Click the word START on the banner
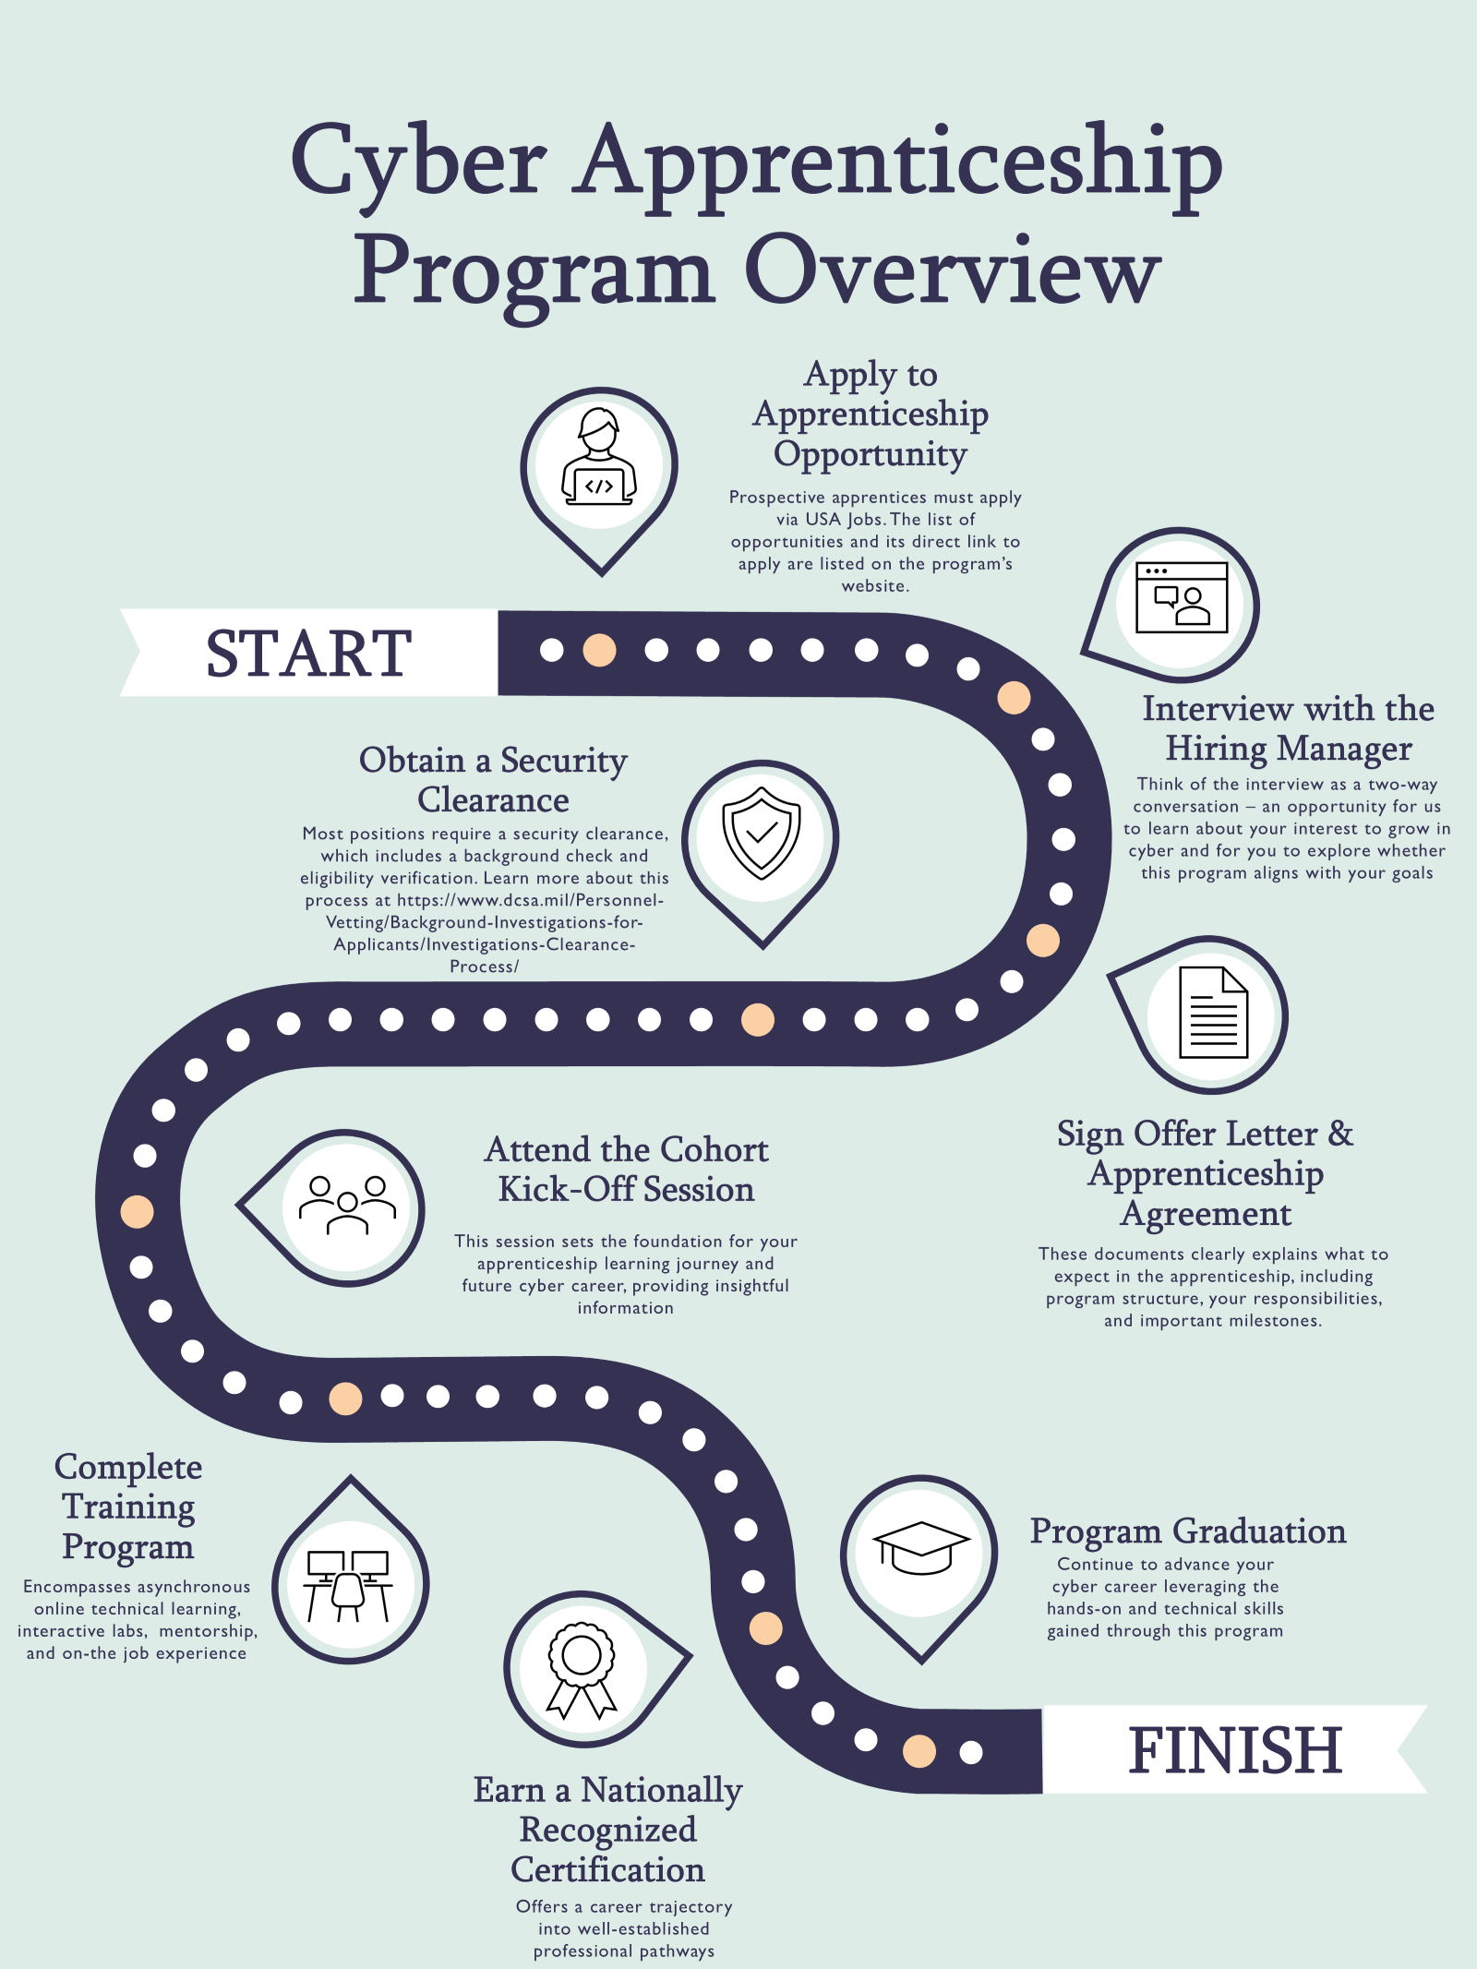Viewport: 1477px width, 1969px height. (x=308, y=654)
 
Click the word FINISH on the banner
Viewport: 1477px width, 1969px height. (x=1234, y=1750)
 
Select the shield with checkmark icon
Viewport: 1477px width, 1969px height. (x=762, y=833)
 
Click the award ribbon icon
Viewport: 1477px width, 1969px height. (x=582, y=1669)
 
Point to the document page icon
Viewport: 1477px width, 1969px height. (x=1213, y=1013)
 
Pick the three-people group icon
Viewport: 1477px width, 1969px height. (x=347, y=1205)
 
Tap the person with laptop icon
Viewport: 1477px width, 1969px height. (x=599, y=459)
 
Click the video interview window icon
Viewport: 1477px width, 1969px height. (x=1182, y=597)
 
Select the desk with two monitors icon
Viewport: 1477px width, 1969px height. (x=348, y=1585)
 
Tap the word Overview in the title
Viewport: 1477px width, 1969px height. (x=952, y=270)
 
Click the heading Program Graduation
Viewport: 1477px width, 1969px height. (x=1188, y=1531)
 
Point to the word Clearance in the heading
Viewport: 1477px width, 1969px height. (x=493, y=799)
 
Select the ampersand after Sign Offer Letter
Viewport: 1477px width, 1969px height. (x=1340, y=1134)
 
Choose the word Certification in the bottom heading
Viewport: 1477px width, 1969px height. (x=607, y=1869)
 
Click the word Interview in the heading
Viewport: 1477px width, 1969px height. (x=1216, y=709)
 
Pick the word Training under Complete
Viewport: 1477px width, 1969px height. (x=128, y=1507)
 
